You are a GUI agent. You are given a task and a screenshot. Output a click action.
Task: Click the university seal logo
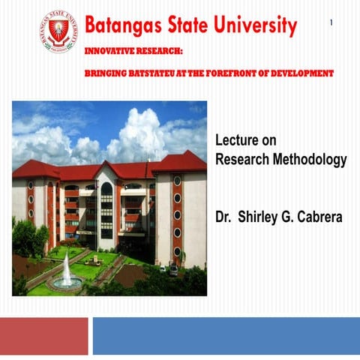57,31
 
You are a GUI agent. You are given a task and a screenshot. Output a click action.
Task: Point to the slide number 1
331,24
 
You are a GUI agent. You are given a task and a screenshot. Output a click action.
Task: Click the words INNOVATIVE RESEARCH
134,52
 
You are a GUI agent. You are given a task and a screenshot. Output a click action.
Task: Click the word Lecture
235,140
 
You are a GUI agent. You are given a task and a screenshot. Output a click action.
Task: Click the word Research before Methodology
241,160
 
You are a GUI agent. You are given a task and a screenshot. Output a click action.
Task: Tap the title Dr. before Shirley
222,218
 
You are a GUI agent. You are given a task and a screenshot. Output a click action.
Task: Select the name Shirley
258,218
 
